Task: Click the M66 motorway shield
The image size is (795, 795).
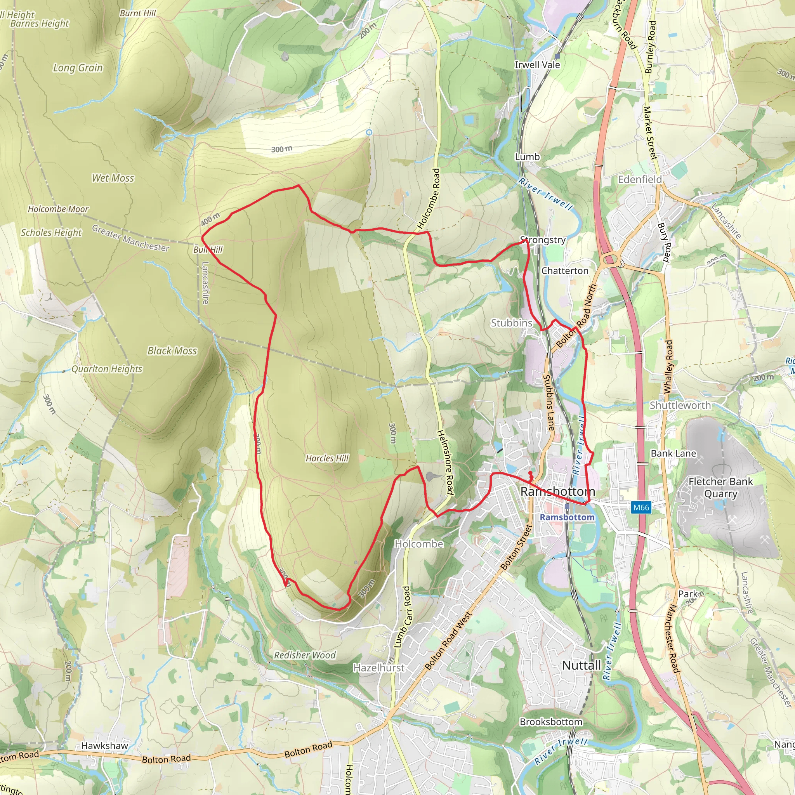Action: pos(641,507)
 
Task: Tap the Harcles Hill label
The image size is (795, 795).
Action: pos(327,458)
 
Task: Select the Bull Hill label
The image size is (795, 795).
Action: pos(208,250)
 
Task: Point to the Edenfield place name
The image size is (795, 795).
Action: pos(640,179)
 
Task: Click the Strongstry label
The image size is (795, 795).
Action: pos(543,240)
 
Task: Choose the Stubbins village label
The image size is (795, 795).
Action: pos(512,323)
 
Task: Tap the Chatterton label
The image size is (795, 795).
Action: pos(564,271)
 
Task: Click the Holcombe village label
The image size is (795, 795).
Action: pos(419,544)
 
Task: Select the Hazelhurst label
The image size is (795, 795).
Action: pos(379,668)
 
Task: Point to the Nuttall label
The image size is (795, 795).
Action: pos(581,665)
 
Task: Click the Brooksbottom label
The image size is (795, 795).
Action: pos(551,722)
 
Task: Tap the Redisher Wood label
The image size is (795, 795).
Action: pos(305,655)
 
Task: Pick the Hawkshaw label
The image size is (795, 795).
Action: pos(104,746)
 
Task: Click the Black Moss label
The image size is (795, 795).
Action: pos(172,351)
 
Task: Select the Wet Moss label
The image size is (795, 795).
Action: pos(113,178)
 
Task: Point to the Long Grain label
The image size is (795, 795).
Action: pos(78,68)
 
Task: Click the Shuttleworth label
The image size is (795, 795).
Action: pos(680,405)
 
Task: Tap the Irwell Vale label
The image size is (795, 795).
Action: pos(537,65)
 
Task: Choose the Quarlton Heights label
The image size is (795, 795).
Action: pos(107,369)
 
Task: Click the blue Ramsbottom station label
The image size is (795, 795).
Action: pos(567,517)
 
